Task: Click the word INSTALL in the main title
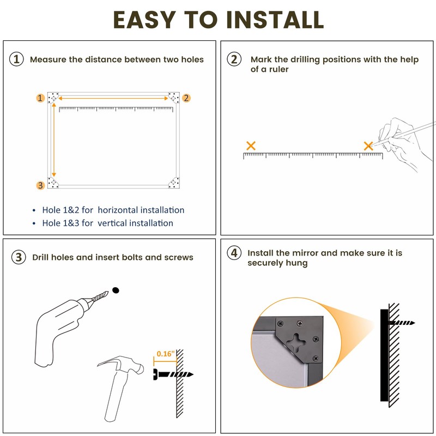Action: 275,20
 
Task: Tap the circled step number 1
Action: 16,59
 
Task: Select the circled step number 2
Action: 234,59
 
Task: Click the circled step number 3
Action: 19,257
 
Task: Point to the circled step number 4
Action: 234,253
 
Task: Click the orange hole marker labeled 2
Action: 186,98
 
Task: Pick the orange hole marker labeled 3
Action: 40,185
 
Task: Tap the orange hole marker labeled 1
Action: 40,98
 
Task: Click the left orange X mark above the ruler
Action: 251,146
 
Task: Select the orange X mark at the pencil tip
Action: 368,146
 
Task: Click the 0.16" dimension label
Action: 166,354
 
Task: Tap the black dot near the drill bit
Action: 116,290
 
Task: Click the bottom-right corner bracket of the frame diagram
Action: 174,183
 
